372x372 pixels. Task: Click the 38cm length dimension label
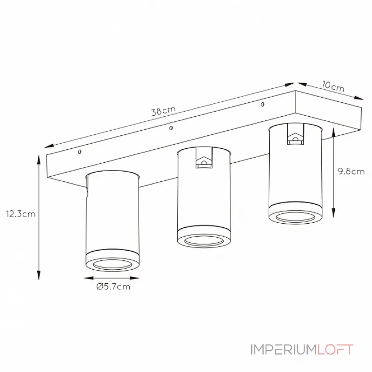[164, 111]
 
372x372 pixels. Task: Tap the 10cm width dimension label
[333, 86]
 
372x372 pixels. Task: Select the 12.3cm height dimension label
[21, 214]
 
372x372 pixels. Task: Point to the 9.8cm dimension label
[351, 171]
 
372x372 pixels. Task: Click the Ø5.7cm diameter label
[113, 286]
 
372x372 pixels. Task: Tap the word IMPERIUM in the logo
[284, 350]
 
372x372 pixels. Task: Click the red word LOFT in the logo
[335, 350]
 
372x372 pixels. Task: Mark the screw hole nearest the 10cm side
[262, 104]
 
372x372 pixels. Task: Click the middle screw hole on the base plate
[171, 128]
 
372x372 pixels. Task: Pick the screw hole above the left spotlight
[80, 152]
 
